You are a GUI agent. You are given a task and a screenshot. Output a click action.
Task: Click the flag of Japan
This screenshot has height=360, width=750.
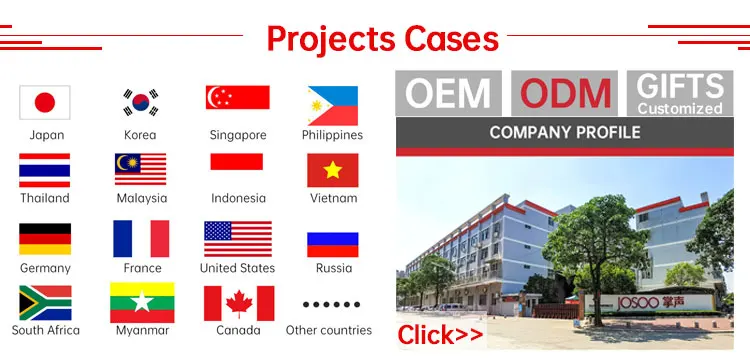tap(45, 102)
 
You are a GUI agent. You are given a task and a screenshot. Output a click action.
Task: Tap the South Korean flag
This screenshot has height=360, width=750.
tap(141, 102)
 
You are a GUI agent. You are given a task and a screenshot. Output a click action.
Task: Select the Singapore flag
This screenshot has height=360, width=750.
tap(238, 97)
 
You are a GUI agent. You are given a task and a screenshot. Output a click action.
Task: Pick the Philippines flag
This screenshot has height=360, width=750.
tap(333, 106)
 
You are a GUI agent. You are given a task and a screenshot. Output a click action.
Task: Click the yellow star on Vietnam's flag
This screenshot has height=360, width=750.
tap(332, 170)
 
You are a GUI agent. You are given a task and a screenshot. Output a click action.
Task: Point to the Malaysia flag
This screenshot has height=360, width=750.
tap(141, 169)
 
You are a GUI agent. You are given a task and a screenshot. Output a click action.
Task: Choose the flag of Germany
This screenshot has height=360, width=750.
tap(45, 239)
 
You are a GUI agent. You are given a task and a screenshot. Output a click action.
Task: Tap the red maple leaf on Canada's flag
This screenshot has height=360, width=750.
tap(239, 304)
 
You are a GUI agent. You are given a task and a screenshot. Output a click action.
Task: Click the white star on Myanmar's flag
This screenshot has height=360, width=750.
tap(142, 302)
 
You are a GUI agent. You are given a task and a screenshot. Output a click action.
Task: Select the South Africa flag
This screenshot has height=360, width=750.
tap(45, 303)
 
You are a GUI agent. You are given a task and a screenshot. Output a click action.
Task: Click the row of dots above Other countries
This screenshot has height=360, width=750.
tap(331, 305)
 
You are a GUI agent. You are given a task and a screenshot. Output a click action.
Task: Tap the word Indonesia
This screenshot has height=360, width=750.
tap(238, 198)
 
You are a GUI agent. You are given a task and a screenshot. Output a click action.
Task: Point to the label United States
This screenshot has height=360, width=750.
tap(237, 268)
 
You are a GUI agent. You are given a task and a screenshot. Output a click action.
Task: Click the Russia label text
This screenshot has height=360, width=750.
tap(334, 268)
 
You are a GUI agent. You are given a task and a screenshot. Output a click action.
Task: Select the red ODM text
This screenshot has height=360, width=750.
tap(565, 93)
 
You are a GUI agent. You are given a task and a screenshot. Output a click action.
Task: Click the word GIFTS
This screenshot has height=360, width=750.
tap(680, 86)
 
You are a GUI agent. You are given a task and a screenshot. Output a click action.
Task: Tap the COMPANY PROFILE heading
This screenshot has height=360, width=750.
tap(564, 132)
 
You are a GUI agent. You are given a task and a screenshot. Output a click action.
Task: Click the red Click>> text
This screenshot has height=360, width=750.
tap(440, 335)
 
